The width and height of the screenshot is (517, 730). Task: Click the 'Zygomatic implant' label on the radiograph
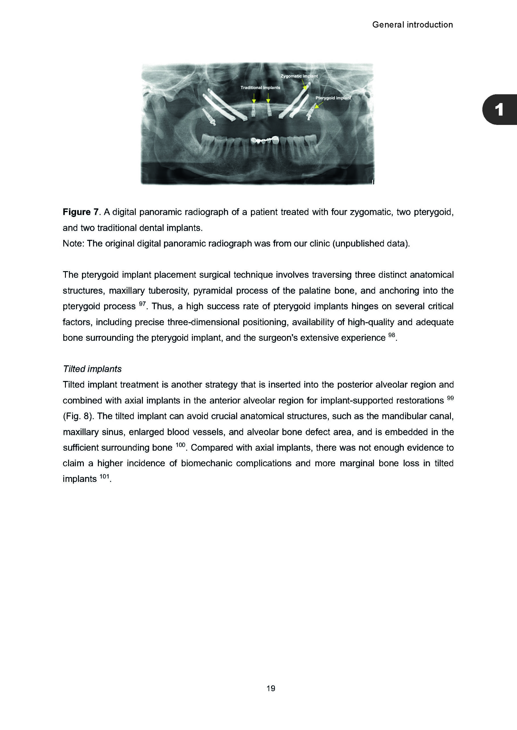pos(299,76)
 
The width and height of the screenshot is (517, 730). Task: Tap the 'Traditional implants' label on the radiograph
pos(260,88)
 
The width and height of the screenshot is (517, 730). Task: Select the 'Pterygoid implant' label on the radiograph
pos(333,98)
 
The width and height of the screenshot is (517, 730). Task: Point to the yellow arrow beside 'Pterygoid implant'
pos(319,105)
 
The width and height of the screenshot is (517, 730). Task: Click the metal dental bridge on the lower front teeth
pos(265,140)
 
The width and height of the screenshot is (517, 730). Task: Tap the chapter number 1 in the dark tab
pos(499,110)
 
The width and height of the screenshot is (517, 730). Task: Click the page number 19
pos(271,688)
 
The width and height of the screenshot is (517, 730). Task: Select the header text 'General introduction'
pos(412,25)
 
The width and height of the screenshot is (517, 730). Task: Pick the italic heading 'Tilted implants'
pos(92,369)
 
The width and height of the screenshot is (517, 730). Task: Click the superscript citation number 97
pos(142,304)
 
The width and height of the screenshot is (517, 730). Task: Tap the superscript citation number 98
pos(392,335)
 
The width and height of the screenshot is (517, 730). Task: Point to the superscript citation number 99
pos(450,398)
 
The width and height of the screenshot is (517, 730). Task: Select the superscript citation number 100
pos(180,445)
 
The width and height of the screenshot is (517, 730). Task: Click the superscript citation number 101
pos(104,476)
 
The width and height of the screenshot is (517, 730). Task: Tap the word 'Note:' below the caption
pos(74,244)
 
